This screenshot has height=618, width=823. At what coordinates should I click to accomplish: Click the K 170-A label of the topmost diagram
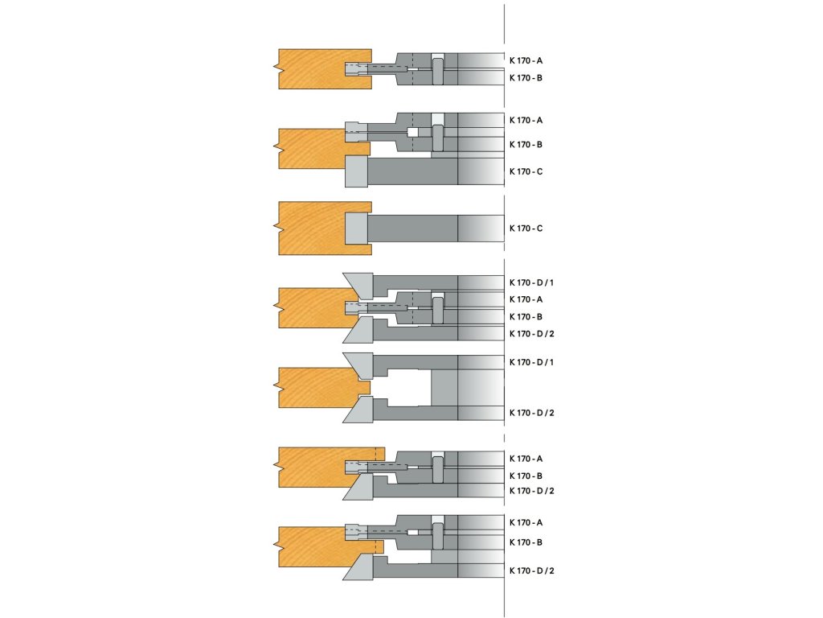(526, 60)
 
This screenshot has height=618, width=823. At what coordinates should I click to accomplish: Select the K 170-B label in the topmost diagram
(526, 78)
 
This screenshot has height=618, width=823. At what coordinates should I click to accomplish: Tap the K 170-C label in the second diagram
(526, 171)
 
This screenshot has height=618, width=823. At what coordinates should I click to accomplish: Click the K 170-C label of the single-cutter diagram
(526, 229)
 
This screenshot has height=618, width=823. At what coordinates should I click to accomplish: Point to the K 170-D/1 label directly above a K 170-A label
(531, 282)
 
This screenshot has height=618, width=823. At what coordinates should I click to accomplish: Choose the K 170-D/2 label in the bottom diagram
(531, 571)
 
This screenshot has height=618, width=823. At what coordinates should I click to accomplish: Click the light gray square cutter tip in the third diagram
(357, 228)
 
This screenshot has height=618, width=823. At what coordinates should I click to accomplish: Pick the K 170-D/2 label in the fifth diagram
(531, 413)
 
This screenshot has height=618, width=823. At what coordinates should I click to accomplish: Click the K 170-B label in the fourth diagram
(526, 316)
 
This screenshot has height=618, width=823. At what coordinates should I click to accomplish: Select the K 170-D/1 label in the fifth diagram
(531, 362)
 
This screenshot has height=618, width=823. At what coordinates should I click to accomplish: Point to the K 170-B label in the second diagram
(526, 145)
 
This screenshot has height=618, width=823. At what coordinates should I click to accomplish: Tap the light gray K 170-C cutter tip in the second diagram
(355, 171)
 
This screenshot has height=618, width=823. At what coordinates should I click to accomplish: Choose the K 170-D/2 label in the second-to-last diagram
(531, 491)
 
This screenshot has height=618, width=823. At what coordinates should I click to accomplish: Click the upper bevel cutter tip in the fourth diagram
(358, 283)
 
